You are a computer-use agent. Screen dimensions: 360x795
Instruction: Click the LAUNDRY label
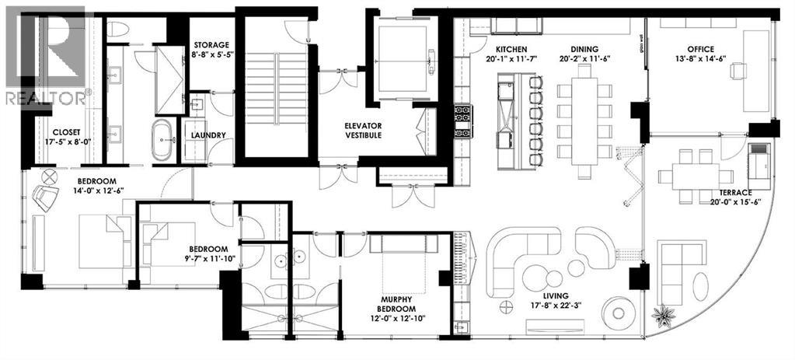point(207,135)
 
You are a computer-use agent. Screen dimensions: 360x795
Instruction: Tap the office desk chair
point(738,70)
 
